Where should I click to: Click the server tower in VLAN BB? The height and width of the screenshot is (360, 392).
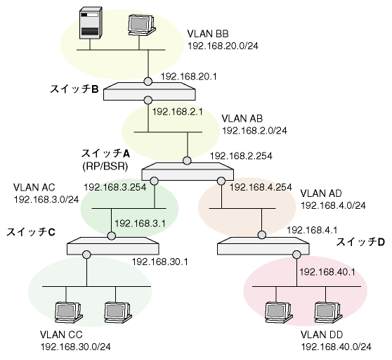point(91,22)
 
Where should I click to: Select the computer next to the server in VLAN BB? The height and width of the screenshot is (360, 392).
point(141,26)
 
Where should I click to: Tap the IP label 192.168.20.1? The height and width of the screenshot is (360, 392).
point(188,77)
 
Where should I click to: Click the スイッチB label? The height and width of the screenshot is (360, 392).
point(74,89)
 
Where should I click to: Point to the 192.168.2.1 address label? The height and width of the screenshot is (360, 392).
point(178,112)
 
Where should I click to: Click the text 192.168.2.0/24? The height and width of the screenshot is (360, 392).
point(255,131)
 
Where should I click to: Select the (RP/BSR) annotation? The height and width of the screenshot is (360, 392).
point(105,166)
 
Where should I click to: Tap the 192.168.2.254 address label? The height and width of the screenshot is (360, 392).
point(241,156)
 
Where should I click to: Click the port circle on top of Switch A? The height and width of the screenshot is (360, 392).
point(187,160)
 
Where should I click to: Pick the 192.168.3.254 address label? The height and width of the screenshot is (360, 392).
point(115,187)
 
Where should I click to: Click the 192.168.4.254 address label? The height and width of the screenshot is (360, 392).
point(261,187)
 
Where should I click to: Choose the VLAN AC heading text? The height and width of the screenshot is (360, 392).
point(34,187)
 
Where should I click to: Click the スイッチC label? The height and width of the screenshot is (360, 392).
point(30,232)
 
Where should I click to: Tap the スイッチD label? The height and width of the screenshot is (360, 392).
point(360,242)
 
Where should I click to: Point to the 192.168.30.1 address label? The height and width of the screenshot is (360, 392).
point(160,262)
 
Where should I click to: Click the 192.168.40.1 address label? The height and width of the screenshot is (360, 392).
point(327,272)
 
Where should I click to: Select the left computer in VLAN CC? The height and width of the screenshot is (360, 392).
point(69,313)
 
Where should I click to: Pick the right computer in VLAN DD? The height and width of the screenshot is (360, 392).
point(328,313)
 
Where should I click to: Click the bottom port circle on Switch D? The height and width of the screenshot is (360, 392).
point(296,255)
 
